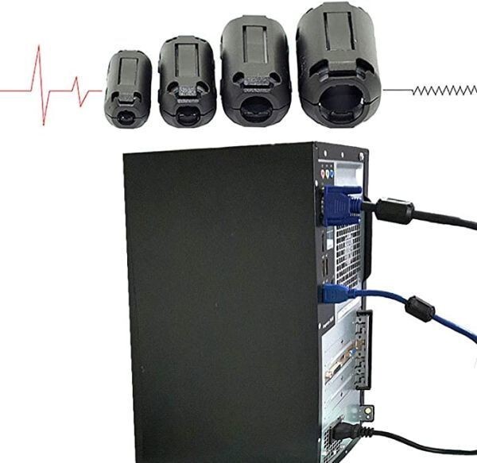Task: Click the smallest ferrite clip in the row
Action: pyautogui.click(x=127, y=88)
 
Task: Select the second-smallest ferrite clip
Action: pyautogui.click(x=187, y=82)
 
